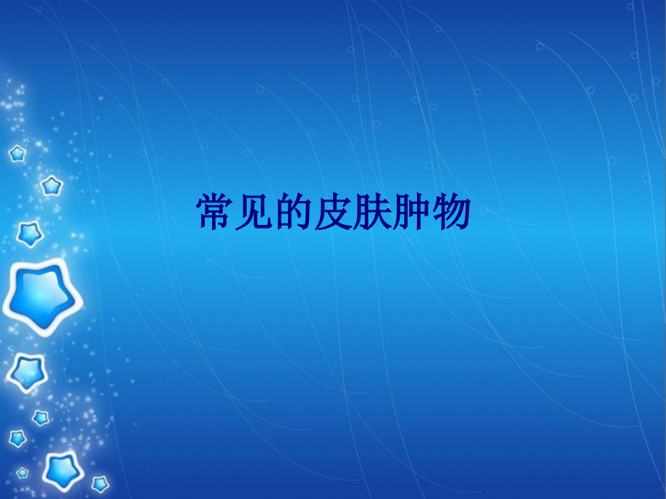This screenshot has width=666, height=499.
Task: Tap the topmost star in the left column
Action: (x=17, y=153)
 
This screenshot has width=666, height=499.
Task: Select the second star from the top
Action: (x=51, y=186)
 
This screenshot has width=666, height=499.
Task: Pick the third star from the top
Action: (x=30, y=233)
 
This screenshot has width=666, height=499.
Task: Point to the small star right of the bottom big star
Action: (x=100, y=483)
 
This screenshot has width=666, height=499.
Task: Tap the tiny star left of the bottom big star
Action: (x=22, y=472)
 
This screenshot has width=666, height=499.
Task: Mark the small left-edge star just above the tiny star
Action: (x=17, y=438)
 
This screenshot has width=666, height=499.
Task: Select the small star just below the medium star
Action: (x=41, y=417)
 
